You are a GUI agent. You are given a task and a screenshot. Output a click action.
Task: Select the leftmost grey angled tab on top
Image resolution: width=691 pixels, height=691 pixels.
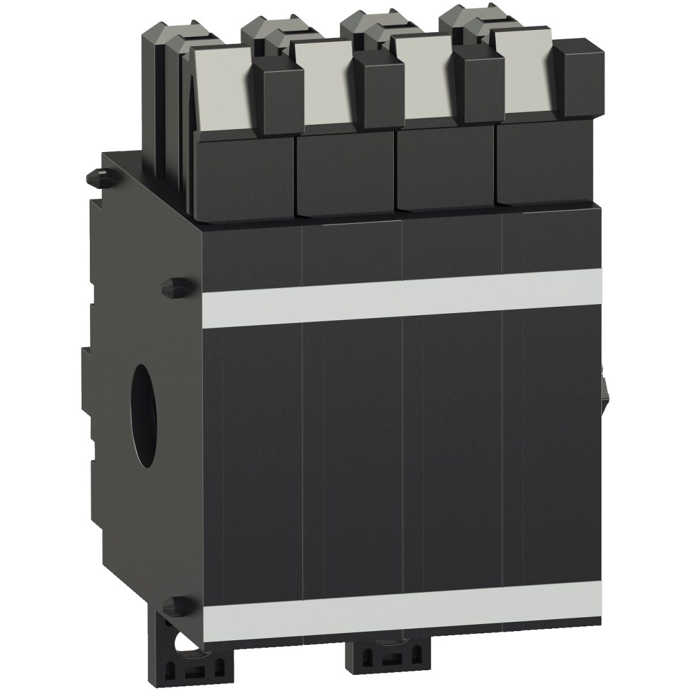click(222, 89)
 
